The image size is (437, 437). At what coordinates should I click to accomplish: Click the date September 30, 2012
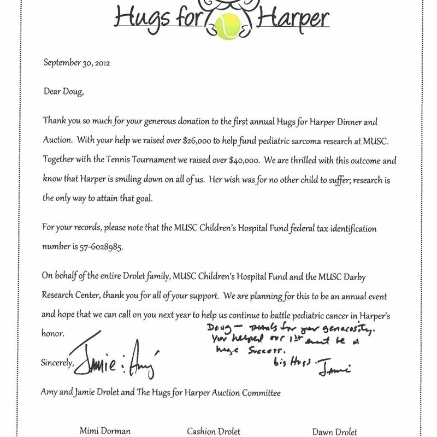pos(77,62)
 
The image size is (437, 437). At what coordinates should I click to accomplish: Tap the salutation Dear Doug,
pos(64,91)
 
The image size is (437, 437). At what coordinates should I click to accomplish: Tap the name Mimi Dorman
pos(104,431)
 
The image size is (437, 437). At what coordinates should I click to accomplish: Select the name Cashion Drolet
pos(213,431)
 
